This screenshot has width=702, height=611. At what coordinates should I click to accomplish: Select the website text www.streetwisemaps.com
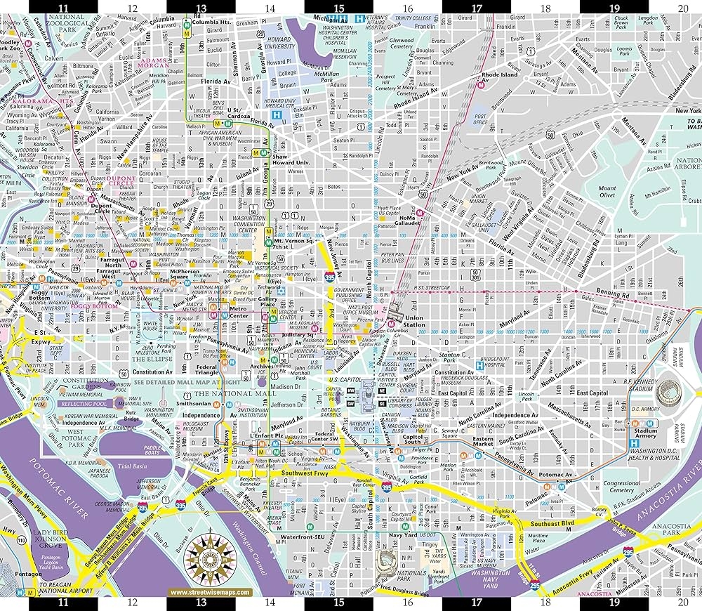[210, 592]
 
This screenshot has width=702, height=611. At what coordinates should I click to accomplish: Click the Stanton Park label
[449, 359]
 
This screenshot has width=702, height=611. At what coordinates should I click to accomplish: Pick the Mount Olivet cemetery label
[607, 192]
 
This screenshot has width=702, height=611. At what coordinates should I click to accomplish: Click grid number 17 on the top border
[477, 8]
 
